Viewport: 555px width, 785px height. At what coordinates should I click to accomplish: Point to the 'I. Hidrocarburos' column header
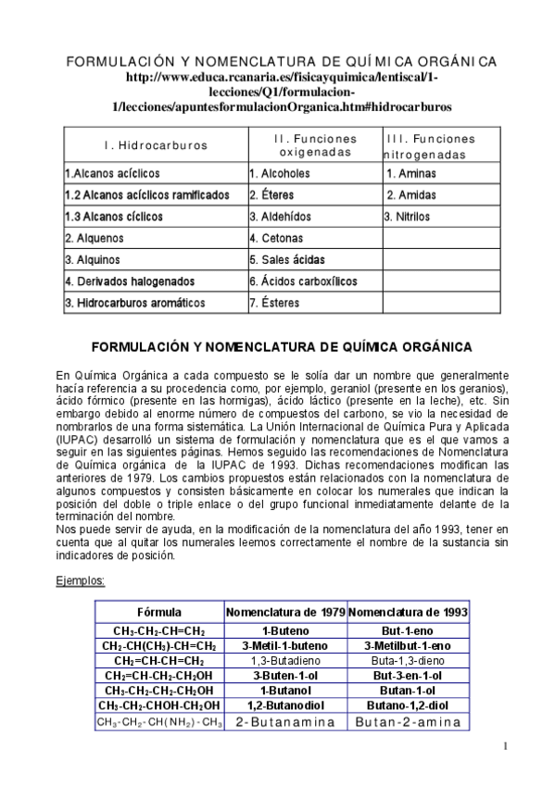156,145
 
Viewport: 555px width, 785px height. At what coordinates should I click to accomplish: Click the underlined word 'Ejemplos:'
81,581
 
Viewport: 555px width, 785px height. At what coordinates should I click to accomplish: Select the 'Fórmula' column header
159,613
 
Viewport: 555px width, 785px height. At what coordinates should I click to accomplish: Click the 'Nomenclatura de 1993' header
408,613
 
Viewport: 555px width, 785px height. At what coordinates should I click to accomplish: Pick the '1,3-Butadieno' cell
286,661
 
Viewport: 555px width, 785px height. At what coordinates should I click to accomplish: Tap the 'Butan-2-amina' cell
408,722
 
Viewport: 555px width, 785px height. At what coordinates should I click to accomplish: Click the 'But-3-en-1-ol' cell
408,676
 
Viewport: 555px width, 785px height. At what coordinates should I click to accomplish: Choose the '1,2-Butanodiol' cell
286,705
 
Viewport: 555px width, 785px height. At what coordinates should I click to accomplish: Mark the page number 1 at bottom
505,746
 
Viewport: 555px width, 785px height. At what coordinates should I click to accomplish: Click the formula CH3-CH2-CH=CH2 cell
159,630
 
